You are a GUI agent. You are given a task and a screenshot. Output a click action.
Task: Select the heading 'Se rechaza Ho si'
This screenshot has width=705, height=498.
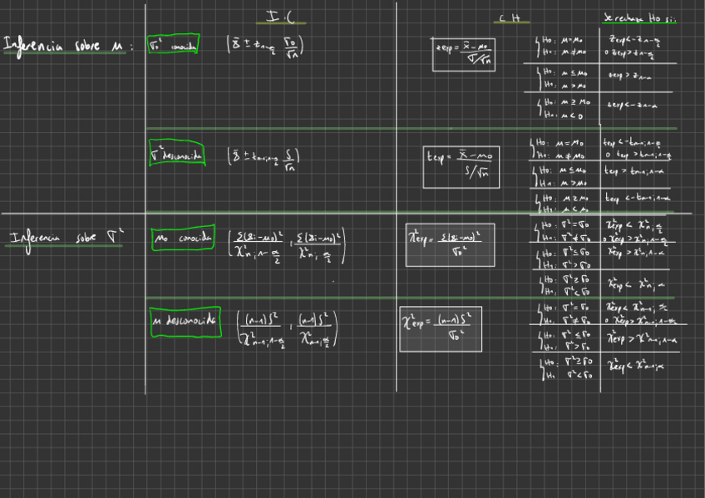(x=638, y=18)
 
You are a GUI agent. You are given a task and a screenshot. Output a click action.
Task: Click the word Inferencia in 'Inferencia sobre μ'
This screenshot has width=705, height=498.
(x=37, y=45)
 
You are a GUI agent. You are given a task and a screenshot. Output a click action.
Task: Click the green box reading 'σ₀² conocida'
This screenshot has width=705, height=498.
(x=173, y=47)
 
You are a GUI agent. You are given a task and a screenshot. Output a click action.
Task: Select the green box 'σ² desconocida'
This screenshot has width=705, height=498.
(x=176, y=155)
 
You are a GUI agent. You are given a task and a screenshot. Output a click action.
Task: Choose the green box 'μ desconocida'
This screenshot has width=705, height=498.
(x=185, y=320)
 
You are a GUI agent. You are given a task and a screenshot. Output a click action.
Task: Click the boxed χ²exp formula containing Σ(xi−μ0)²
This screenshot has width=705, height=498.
(x=450, y=244)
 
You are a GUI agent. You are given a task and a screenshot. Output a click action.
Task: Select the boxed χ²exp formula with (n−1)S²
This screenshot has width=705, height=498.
(x=440, y=328)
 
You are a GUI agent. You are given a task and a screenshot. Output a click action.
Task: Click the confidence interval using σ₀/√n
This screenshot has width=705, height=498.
(x=265, y=47)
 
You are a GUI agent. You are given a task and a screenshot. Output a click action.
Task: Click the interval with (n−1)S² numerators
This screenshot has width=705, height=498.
(x=288, y=329)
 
